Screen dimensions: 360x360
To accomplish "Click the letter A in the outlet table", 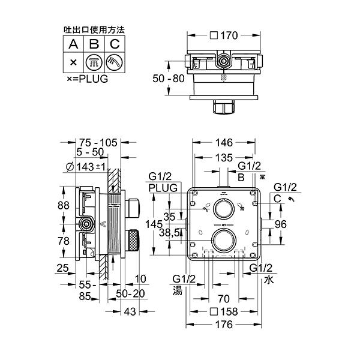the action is pos(73,44).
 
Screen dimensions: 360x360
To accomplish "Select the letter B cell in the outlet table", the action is pos(94,44).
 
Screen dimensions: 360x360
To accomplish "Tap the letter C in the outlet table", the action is pos(115,44).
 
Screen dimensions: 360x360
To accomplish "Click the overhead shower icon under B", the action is pos(94,62).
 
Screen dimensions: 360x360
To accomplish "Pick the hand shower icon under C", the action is pos(115,62).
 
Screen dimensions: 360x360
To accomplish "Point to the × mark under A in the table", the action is pos(73,62).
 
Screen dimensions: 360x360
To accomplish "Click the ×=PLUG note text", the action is pos(88,79).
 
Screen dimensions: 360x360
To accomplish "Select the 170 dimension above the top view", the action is pos(229,35).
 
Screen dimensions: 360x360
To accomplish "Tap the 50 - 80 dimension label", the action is pos(169,79).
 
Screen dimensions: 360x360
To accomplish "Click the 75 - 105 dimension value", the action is pos(98,143).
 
